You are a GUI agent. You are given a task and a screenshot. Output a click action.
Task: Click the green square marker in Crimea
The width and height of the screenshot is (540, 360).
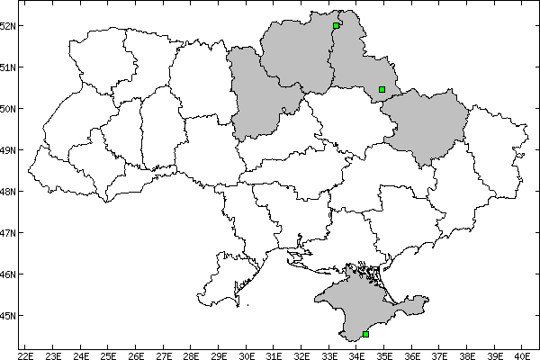pos(365,334)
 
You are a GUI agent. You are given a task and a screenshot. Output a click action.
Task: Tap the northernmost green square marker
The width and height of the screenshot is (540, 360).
pos(336,25)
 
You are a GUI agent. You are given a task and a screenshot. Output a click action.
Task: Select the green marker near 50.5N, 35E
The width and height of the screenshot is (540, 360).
pos(382,89)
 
